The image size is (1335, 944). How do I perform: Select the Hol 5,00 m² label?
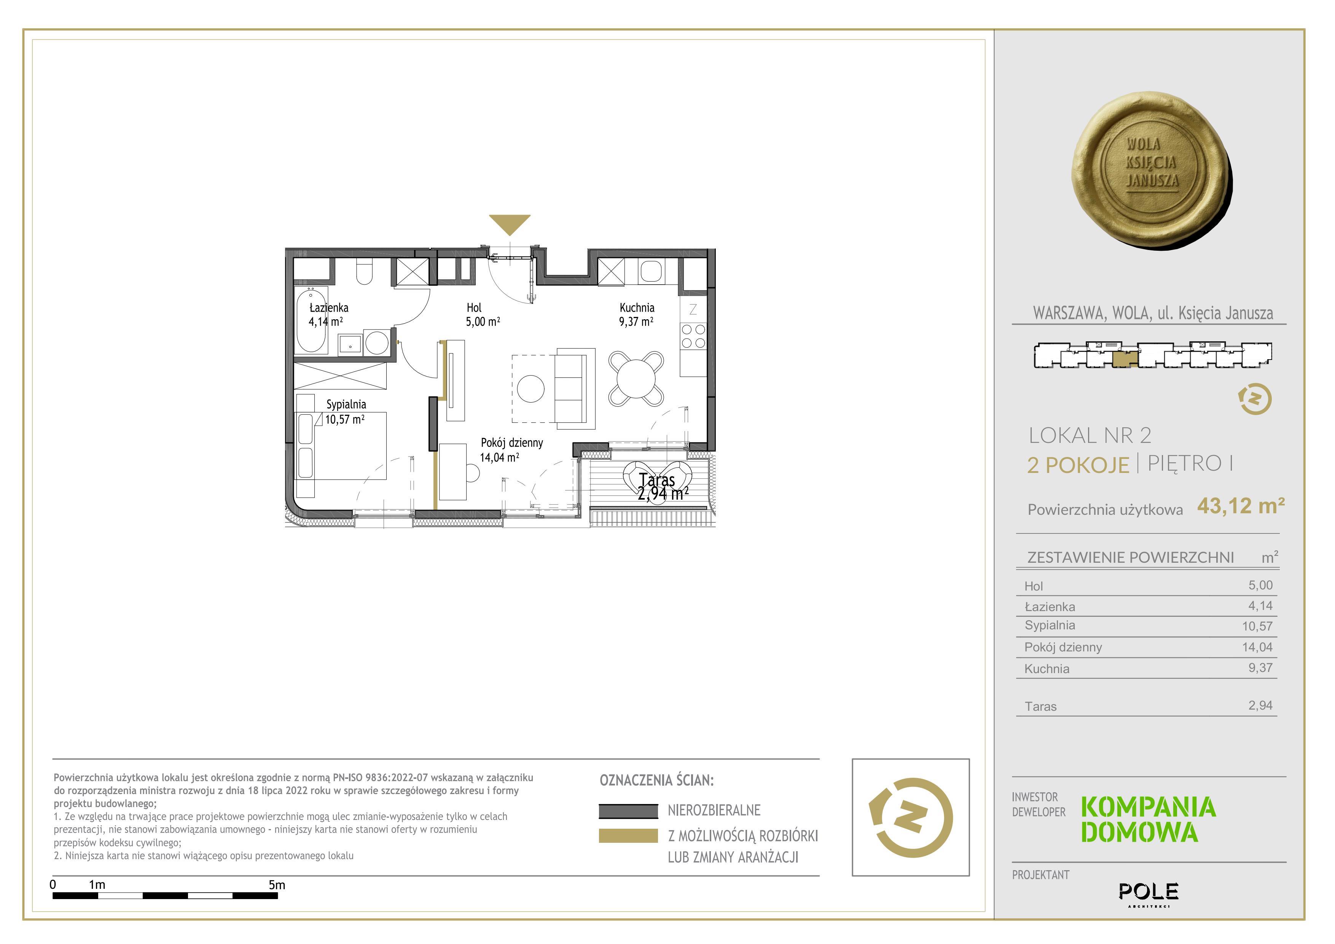coord(483,314)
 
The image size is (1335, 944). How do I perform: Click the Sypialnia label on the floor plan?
coord(346,404)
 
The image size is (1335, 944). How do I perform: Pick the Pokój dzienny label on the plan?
coord(512,443)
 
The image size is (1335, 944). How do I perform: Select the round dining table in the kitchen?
coord(636,379)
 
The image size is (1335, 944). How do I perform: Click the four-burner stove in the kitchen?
coord(693,336)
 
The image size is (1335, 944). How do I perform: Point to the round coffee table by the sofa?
coord(531,389)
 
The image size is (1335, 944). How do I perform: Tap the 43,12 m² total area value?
coord(1241,506)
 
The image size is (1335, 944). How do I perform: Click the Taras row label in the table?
coord(1041,707)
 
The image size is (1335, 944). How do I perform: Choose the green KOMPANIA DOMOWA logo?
coord(1149,820)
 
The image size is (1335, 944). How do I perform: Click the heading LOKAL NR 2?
coord(1090,435)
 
